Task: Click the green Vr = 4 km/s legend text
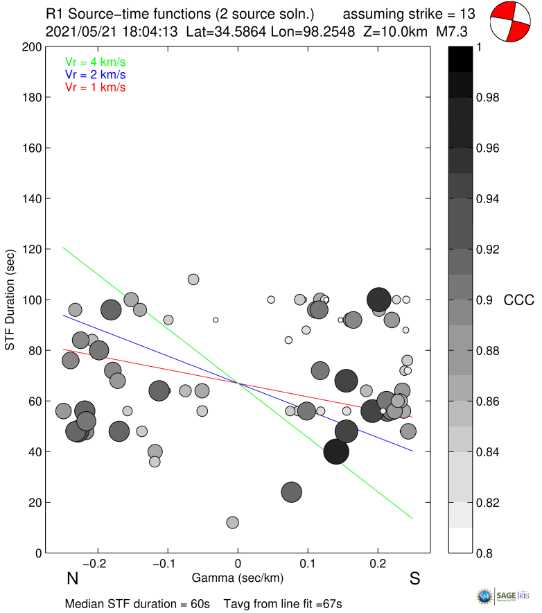click(x=95, y=61)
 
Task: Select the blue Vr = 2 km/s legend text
click(x=95, y=74)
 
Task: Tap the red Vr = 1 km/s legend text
click(x=95, y=87)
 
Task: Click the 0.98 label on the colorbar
click(x=489, y=98)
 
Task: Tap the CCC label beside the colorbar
click(x=518, y=300)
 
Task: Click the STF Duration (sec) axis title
click(x=10, y=300)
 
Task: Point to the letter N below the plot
click(x=71, y=579)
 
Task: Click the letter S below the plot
click(x=414, y=579)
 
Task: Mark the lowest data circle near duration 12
click(x=232, y=522)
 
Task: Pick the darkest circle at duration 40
click(x=336, y=452)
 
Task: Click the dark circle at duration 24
click(x=292, y=492)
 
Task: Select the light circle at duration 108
click(x=193, y=279)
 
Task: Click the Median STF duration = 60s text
click(x=137, y=604)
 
